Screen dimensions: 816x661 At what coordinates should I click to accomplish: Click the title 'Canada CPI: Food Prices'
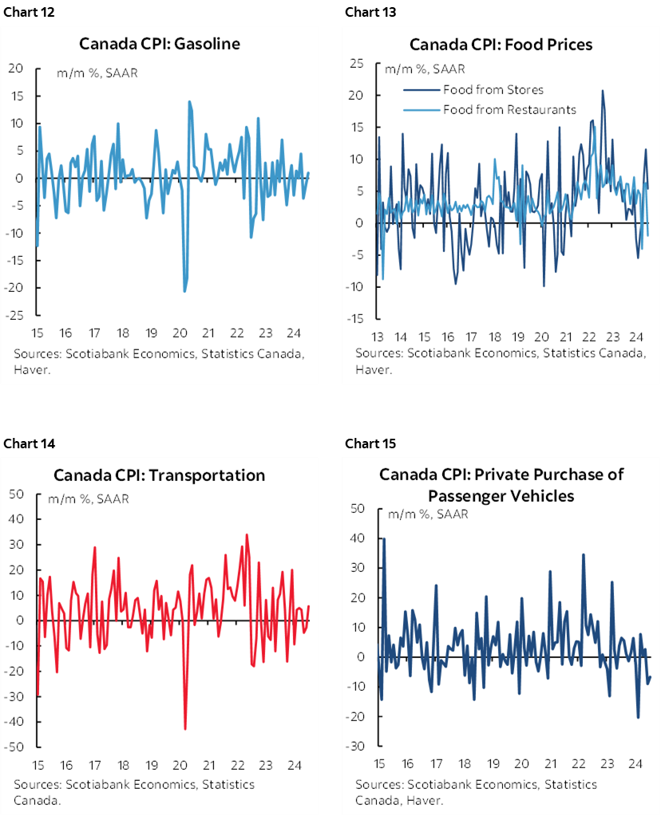coord(501,44)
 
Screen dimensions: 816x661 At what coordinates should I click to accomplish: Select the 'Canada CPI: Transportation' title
coord(159,475)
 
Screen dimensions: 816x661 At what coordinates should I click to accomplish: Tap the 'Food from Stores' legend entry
coord(493,89)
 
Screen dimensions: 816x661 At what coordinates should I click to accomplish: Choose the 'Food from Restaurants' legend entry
coord(509,109)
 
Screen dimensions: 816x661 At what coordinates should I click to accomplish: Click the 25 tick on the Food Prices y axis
coord(357,64)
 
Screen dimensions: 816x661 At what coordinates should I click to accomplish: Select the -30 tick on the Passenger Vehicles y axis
coord(357,747)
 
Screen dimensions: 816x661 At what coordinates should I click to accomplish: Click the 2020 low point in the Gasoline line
coord(184,291)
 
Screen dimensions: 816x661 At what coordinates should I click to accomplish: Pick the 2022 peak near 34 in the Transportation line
coord(247,534)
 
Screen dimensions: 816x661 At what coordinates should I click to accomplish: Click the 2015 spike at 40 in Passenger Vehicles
coord(384,538)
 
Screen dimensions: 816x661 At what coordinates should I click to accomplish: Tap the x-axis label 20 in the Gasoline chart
coord(180,333)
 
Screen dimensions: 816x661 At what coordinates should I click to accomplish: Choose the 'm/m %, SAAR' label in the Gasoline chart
coord(90,74)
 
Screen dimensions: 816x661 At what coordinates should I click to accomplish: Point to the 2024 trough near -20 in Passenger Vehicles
coord(638,717)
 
